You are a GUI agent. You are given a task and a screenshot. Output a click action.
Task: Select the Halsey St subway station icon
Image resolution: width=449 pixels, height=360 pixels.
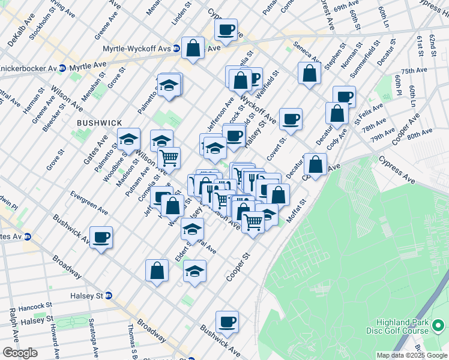click(109, 296)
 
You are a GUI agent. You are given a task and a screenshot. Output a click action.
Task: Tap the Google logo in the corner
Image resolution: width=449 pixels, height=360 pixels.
click(20, 353)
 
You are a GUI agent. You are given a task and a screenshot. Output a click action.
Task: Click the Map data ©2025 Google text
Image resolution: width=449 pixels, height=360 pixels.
click(412, 355)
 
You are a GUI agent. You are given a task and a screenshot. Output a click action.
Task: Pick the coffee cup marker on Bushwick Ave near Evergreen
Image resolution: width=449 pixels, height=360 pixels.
click(101, 237)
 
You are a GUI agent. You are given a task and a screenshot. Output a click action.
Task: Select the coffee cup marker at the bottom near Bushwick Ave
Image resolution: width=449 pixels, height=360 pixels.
click(227, 322)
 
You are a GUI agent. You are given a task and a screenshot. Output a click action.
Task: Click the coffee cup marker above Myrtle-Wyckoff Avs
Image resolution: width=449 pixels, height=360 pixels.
click(226, 29)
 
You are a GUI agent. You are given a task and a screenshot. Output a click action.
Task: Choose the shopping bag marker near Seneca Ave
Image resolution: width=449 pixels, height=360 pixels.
click(309, 73)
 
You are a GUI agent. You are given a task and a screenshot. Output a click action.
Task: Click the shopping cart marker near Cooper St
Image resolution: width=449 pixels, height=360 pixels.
click(253, 222)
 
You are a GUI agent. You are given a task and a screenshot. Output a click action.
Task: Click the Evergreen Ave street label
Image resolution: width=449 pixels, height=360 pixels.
click(89, 203)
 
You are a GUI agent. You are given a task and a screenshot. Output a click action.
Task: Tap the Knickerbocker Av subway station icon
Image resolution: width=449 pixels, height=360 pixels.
click(63, 69)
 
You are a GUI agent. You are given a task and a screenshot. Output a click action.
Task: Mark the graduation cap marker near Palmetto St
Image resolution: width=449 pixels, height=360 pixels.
click(169, 85)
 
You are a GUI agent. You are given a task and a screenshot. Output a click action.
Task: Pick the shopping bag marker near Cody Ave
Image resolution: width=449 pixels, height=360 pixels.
click(337, 113)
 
